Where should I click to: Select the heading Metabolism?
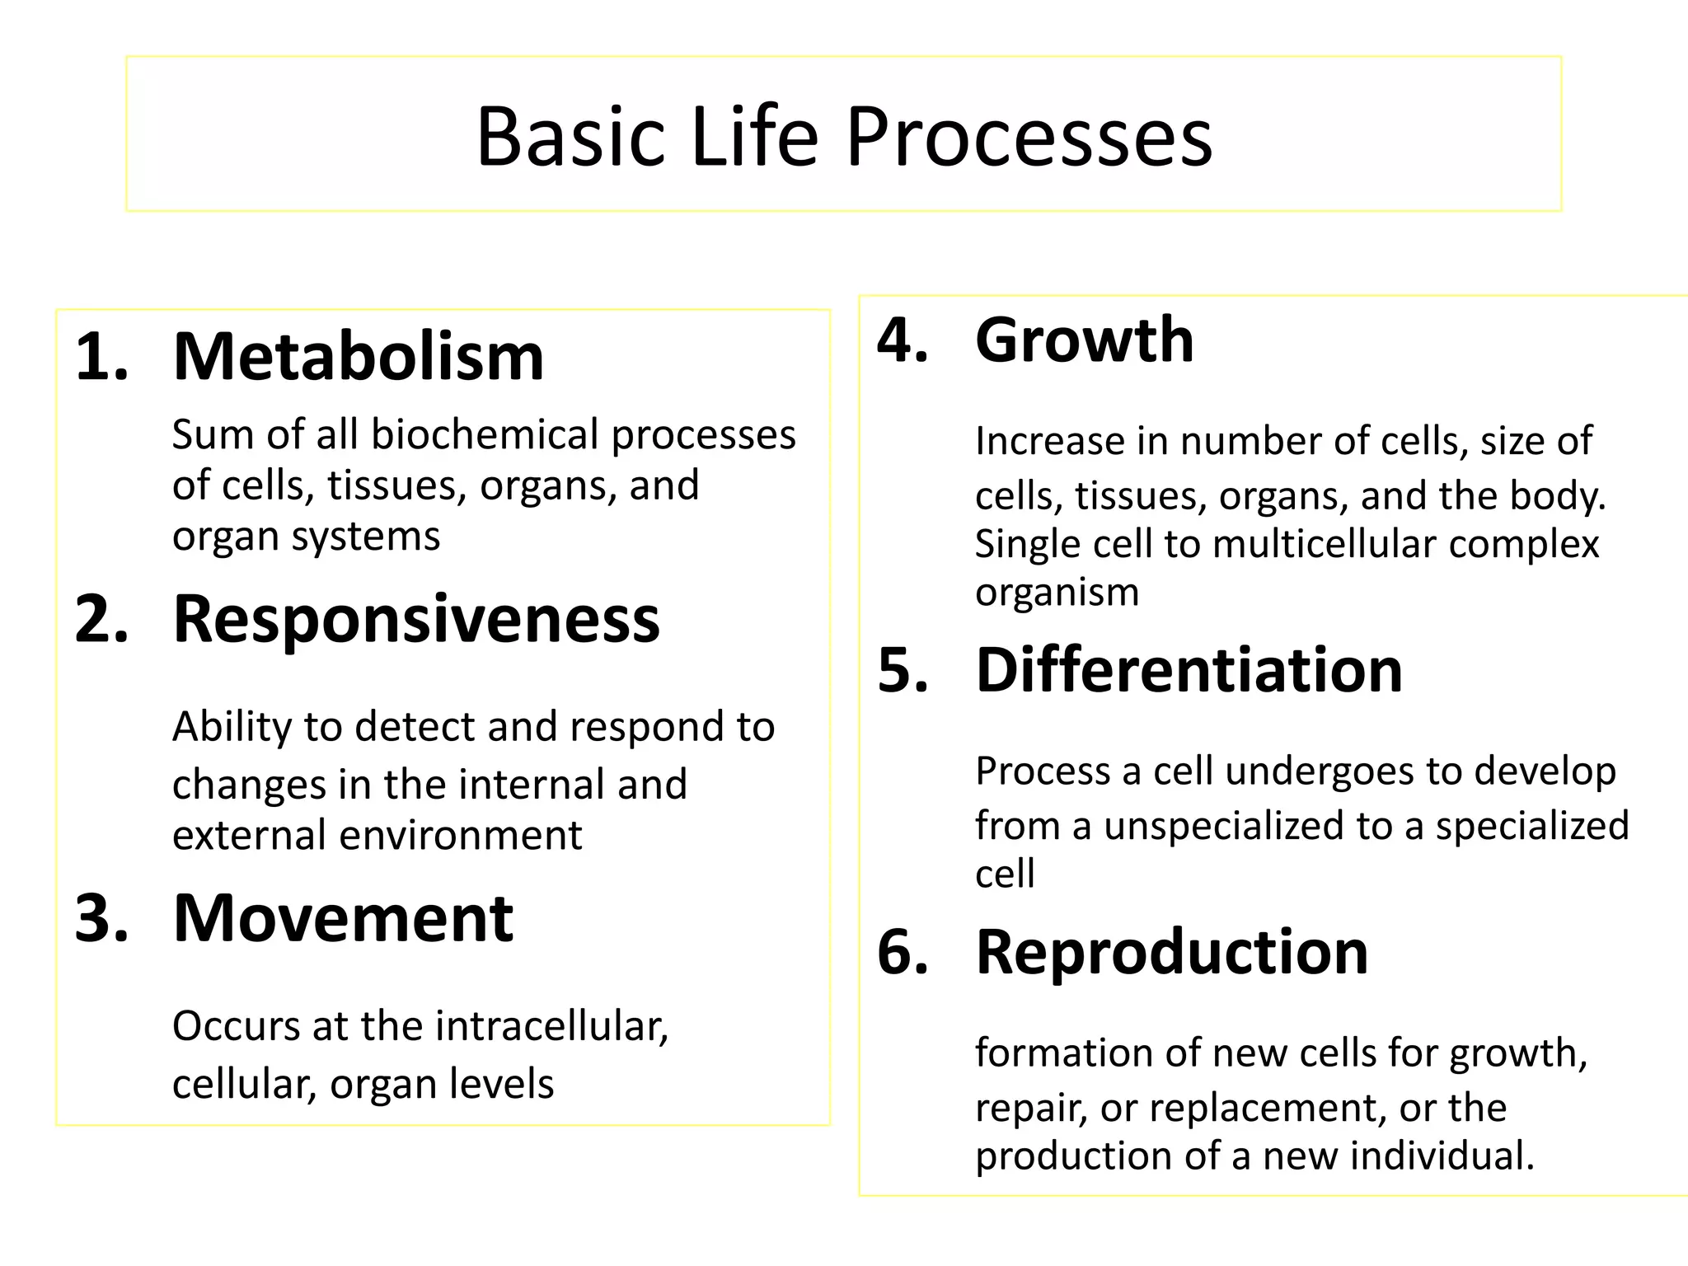pos(359,357)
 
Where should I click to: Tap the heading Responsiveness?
pos(416,619)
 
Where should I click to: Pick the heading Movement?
pos(343,918)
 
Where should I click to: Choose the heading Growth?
pos(1084,340)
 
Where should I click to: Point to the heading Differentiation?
pos(1189,669)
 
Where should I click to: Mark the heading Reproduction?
pos(1171,952)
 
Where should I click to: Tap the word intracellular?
pos(551,1026)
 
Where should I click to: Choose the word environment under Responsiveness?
pos(461,836)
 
